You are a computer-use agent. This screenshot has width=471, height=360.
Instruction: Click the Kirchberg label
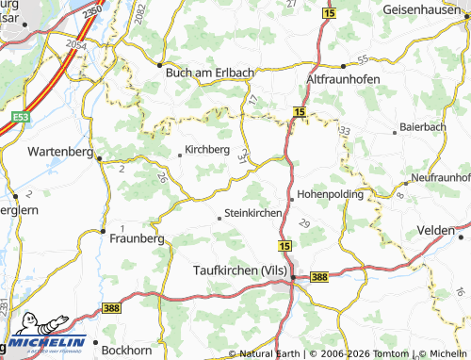208,149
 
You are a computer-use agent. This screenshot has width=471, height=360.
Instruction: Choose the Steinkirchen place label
253,214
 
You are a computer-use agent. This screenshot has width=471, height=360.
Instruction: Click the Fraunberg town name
137,238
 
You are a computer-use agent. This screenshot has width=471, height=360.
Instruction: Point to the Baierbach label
423,125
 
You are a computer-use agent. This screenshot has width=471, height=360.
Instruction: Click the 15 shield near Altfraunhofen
299,113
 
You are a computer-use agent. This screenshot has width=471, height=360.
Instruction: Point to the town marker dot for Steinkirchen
219,219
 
